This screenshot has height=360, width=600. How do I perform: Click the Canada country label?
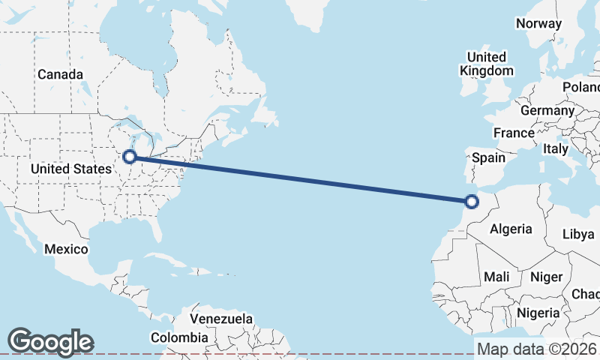[x=60, y=74]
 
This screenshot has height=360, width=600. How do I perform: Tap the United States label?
[x=70, y=169]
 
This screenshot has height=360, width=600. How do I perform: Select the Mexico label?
[x=66, y=249]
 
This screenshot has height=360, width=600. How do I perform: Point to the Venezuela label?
[x=221, y=319]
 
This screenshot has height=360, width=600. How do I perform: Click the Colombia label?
[x=179, y=338]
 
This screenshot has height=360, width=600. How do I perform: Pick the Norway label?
[x=538, y=23]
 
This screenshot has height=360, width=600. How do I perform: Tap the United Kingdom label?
[x=487, y=64]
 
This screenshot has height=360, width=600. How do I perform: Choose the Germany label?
[x=547, y=110]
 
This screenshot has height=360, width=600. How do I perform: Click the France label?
[x=514, y=133]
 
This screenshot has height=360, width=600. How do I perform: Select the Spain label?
[x=488, y=158]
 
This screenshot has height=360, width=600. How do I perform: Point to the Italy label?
[x=556, y=149]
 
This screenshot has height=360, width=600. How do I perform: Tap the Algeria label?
[x=511, y=229]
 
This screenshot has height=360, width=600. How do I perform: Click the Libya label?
[x=578, y=234]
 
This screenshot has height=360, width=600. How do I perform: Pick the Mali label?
[x=496, y=277]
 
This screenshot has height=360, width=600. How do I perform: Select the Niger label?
[x=546, y=277]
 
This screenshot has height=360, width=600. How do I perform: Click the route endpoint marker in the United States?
[x=130, y=157]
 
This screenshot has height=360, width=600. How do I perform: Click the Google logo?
[x=50, y=341]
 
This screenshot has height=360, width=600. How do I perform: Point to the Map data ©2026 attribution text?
[x=537, y=349]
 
